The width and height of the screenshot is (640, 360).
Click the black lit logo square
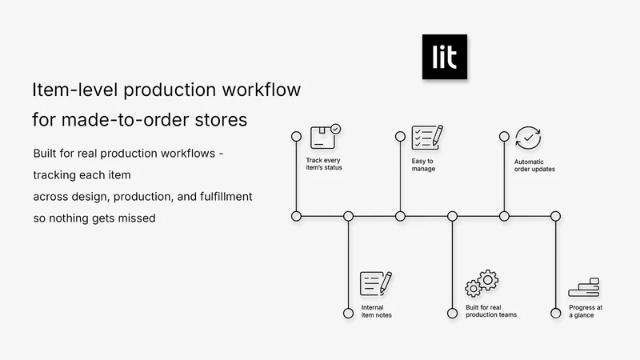click(445, 57)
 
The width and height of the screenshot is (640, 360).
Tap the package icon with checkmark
click(326, 137)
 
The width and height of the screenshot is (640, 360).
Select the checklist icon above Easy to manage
click(427, 137)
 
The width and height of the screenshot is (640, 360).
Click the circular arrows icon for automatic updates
click(528, 138)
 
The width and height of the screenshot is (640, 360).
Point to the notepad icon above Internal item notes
click(376, 283)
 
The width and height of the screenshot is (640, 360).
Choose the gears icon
click(482, 283)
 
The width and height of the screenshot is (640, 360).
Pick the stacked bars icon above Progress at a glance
click(584, 287)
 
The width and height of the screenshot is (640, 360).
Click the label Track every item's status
click(324, 164)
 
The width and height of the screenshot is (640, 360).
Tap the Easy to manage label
click(423, 165)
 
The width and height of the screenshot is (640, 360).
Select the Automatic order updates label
click(534, 166)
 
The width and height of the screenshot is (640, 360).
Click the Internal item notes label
click(376, 311)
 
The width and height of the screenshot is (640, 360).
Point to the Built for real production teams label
click(491, 311)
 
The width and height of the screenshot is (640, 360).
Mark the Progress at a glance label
click(586, 311)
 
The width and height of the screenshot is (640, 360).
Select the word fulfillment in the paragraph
click(226, 197)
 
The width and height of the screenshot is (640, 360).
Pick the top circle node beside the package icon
click(296, 136)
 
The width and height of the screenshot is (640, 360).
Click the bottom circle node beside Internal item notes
click(348, 313)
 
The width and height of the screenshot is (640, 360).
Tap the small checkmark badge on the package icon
click(335, 129)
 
